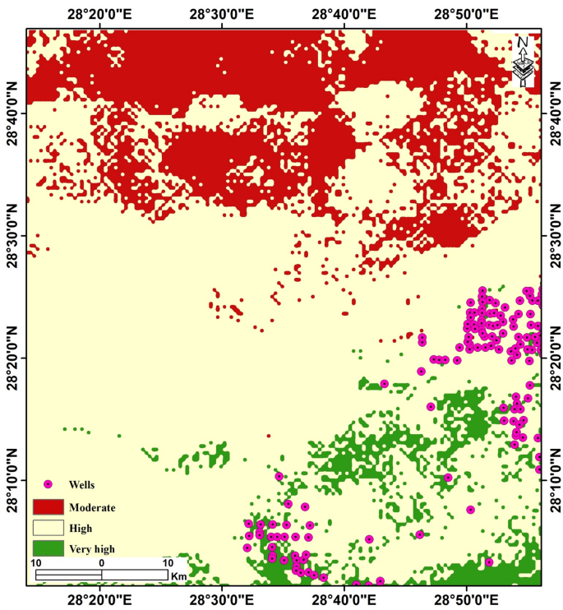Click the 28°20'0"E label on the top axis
(x=100, y=13)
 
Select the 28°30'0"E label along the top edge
(x=222, y=13)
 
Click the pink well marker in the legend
(x=48, y=485)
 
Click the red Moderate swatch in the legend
(x=48, y=506)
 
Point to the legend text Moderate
(x=92, y=506)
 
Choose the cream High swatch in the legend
(x=48, y=528)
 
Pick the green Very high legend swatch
(x=48, y=548)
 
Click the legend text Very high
(x=93, y=548)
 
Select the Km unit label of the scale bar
(x=179, y=575)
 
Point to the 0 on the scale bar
(x=101, y=562)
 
